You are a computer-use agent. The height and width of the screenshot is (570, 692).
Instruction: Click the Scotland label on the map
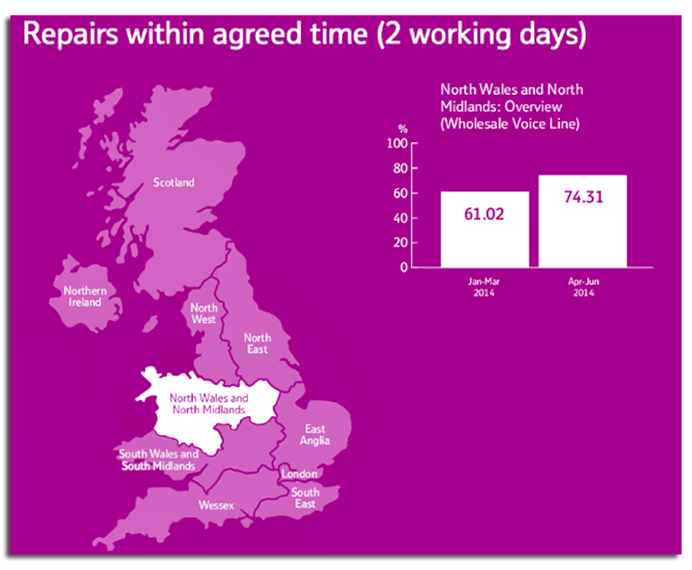tap(174, 182)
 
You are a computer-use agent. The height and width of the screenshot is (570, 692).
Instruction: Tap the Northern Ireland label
tap(85, 296)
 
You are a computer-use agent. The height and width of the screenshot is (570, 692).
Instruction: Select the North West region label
tap(203, 314)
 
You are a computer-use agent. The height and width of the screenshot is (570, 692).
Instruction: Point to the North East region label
tap(257, 343)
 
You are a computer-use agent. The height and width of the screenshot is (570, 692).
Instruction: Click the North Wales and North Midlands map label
tap(208, 404)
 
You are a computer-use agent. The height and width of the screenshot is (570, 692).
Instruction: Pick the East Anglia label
tap(315, 434)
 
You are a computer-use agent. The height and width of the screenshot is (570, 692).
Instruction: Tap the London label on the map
tap(300, 474)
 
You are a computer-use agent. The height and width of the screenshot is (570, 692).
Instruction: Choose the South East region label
tap(305, 498)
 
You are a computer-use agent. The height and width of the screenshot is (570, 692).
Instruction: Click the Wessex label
tap(216, 505)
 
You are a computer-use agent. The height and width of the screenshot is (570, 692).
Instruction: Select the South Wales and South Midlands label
tap(159, 460)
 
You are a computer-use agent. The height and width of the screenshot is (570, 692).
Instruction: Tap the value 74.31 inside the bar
tap(582, 199)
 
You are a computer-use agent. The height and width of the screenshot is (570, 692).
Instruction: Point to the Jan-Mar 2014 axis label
tap(484, 286)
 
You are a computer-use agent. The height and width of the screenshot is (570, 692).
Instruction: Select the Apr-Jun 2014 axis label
tap(582, 286)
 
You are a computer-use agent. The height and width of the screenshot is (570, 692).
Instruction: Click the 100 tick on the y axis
tap(398, 144)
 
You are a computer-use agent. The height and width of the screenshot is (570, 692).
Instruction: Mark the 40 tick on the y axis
tap(401, 218)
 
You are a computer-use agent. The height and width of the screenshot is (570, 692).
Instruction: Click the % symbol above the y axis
tap(403, 130)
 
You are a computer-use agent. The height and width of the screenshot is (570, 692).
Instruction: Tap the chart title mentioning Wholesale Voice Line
tap(512, 106)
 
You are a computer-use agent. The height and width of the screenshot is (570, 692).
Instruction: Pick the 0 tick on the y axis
tap(404, 267)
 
